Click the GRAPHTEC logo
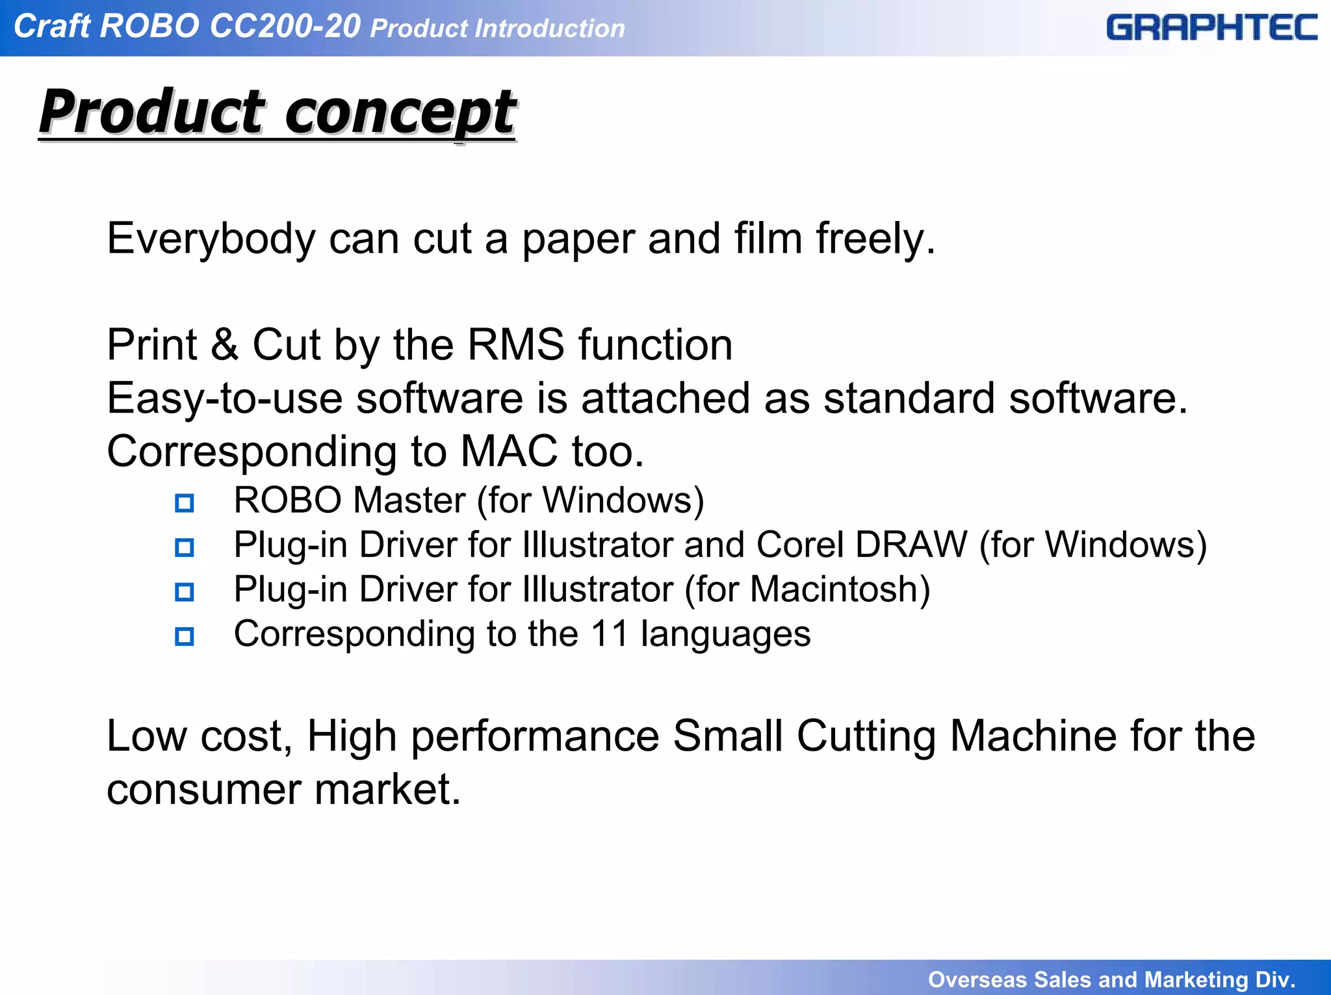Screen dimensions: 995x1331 coord(1211,28)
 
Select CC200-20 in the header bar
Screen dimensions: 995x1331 coord(285,27)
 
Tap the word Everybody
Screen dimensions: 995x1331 coord(211,239)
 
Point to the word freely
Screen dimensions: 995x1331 coord(875,239)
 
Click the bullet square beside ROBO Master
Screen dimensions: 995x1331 coord(185,503)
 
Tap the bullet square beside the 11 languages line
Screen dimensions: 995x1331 coord(185,636)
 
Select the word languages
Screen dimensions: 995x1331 coord(725,635)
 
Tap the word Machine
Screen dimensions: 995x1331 coord(1033,736)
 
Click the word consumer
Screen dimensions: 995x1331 coord(203,790)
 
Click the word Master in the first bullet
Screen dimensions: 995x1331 coord(409,500)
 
